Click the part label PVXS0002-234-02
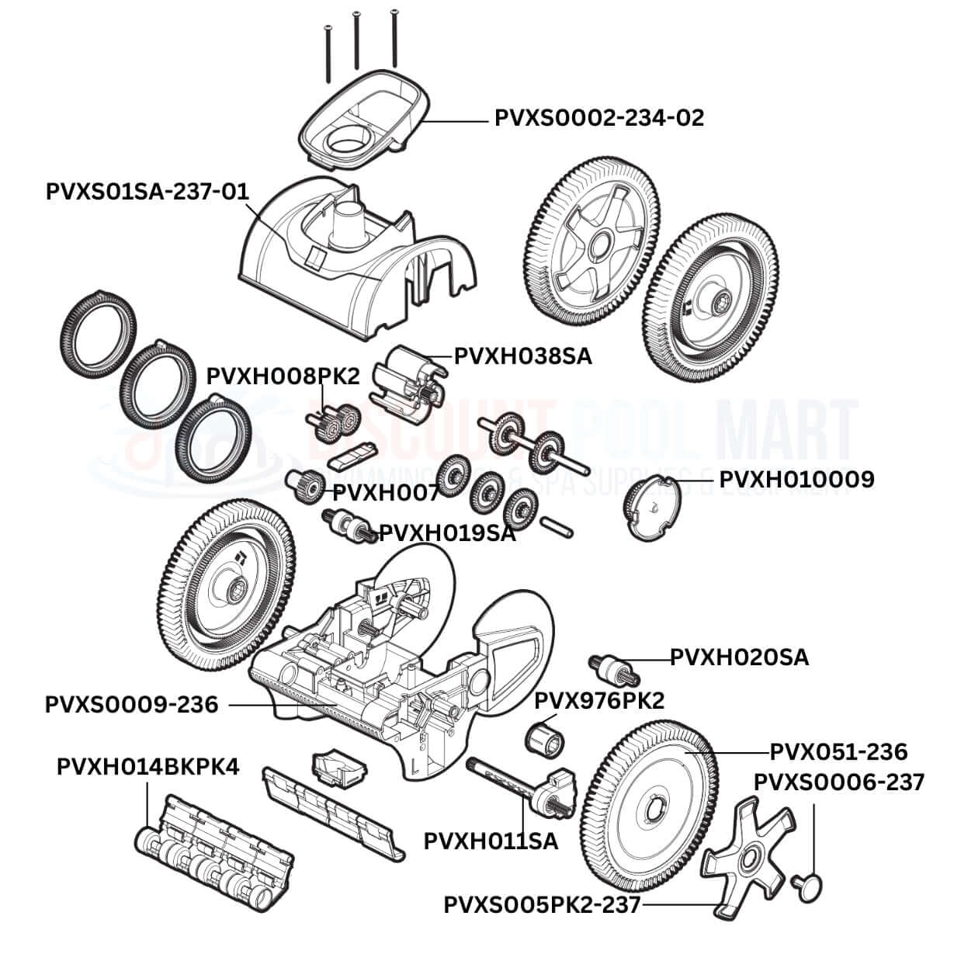click(x=598, y=118)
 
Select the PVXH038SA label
click(x=522, y=356)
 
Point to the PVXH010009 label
click(x=796, y=479)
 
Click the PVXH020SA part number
click(x=739, y=657)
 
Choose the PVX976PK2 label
click(x=599, y=700)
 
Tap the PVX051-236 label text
click(x=838, y=751)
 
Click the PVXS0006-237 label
click(x=839, y=782)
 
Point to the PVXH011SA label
click(x=491, y=841)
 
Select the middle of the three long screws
click(x=356, y=40)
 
